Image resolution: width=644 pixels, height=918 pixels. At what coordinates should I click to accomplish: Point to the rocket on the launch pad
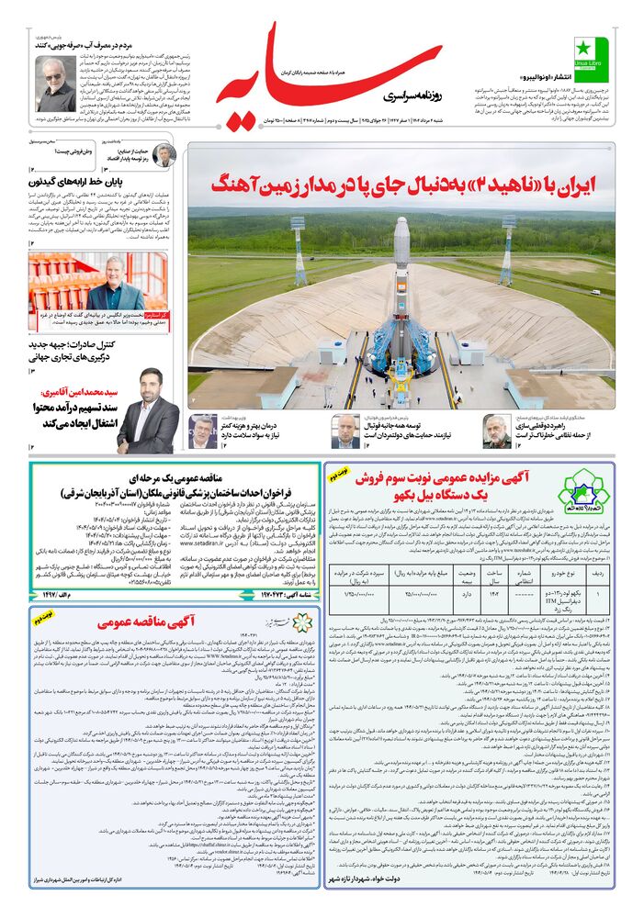[x=401, y=303]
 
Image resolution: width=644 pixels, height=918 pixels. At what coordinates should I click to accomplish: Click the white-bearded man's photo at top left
[x=55, y=81]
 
